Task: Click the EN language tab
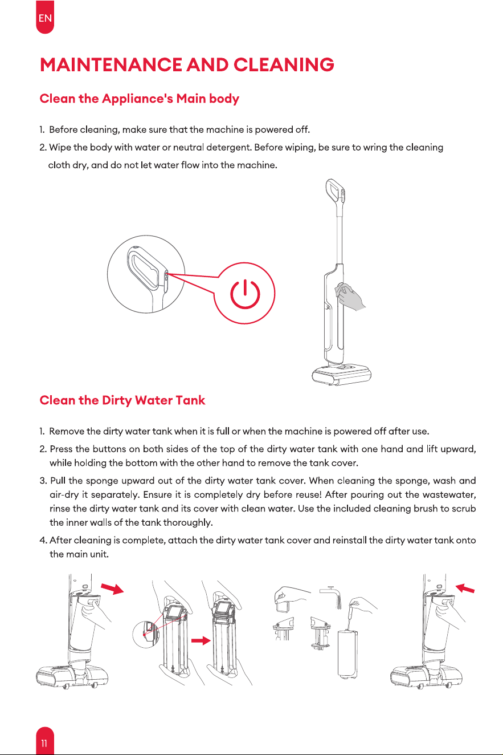click(45, 17)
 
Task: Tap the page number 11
click(45, 743)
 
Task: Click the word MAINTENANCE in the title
click(111, 64)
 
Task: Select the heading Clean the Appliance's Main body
click(140, 99)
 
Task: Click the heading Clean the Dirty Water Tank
click(122, 400)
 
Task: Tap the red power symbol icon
click(245, 294)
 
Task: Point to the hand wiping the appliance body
click(350, 297)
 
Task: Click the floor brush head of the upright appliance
click(341, 374)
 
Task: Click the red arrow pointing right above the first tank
click(112, 588)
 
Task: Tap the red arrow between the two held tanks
click(201, 640)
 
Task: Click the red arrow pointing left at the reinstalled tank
click(465, 588)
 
